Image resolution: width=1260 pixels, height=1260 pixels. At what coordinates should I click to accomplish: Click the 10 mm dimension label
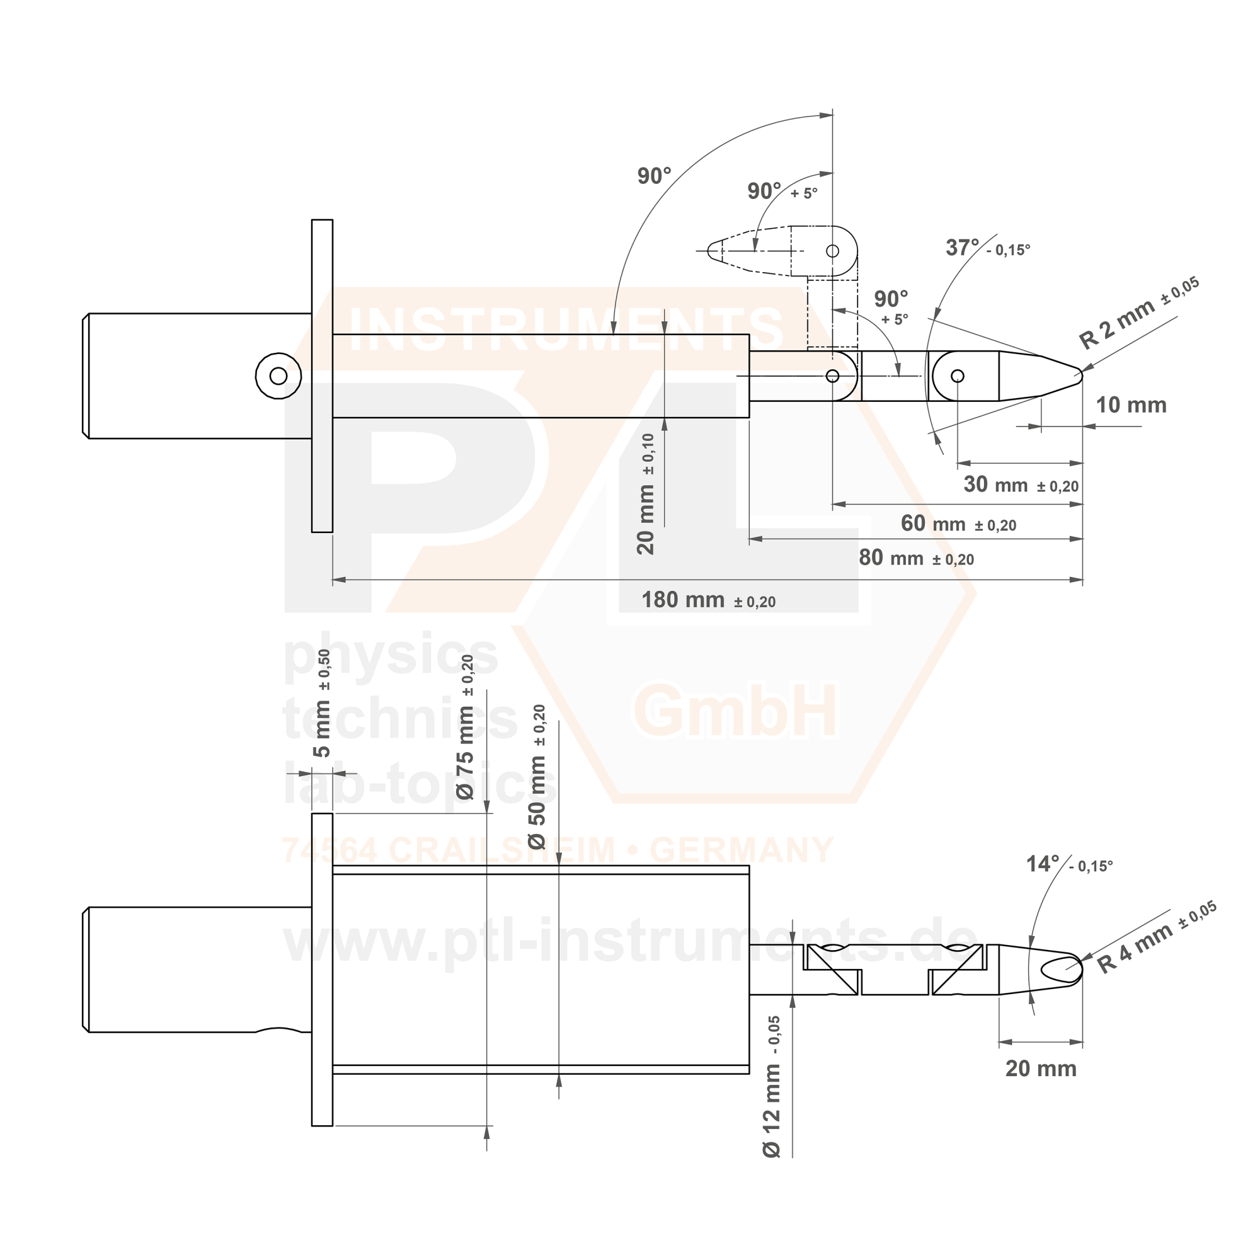click(x=1131, y=405)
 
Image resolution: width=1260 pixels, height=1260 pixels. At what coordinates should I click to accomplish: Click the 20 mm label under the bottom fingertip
click(x=1041, y=1069)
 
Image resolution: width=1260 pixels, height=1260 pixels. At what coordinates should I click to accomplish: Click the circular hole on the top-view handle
click(x=278, y=375)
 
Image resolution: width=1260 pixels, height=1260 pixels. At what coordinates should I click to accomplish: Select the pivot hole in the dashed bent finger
click(x=832, y=251)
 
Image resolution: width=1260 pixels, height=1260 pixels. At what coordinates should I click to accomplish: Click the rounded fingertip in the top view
click(x=1077, y=375)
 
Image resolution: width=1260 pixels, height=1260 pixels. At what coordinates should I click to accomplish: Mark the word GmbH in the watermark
click(x=735, y=712)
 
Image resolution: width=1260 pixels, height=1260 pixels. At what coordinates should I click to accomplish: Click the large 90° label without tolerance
click(x=654, y=176)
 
